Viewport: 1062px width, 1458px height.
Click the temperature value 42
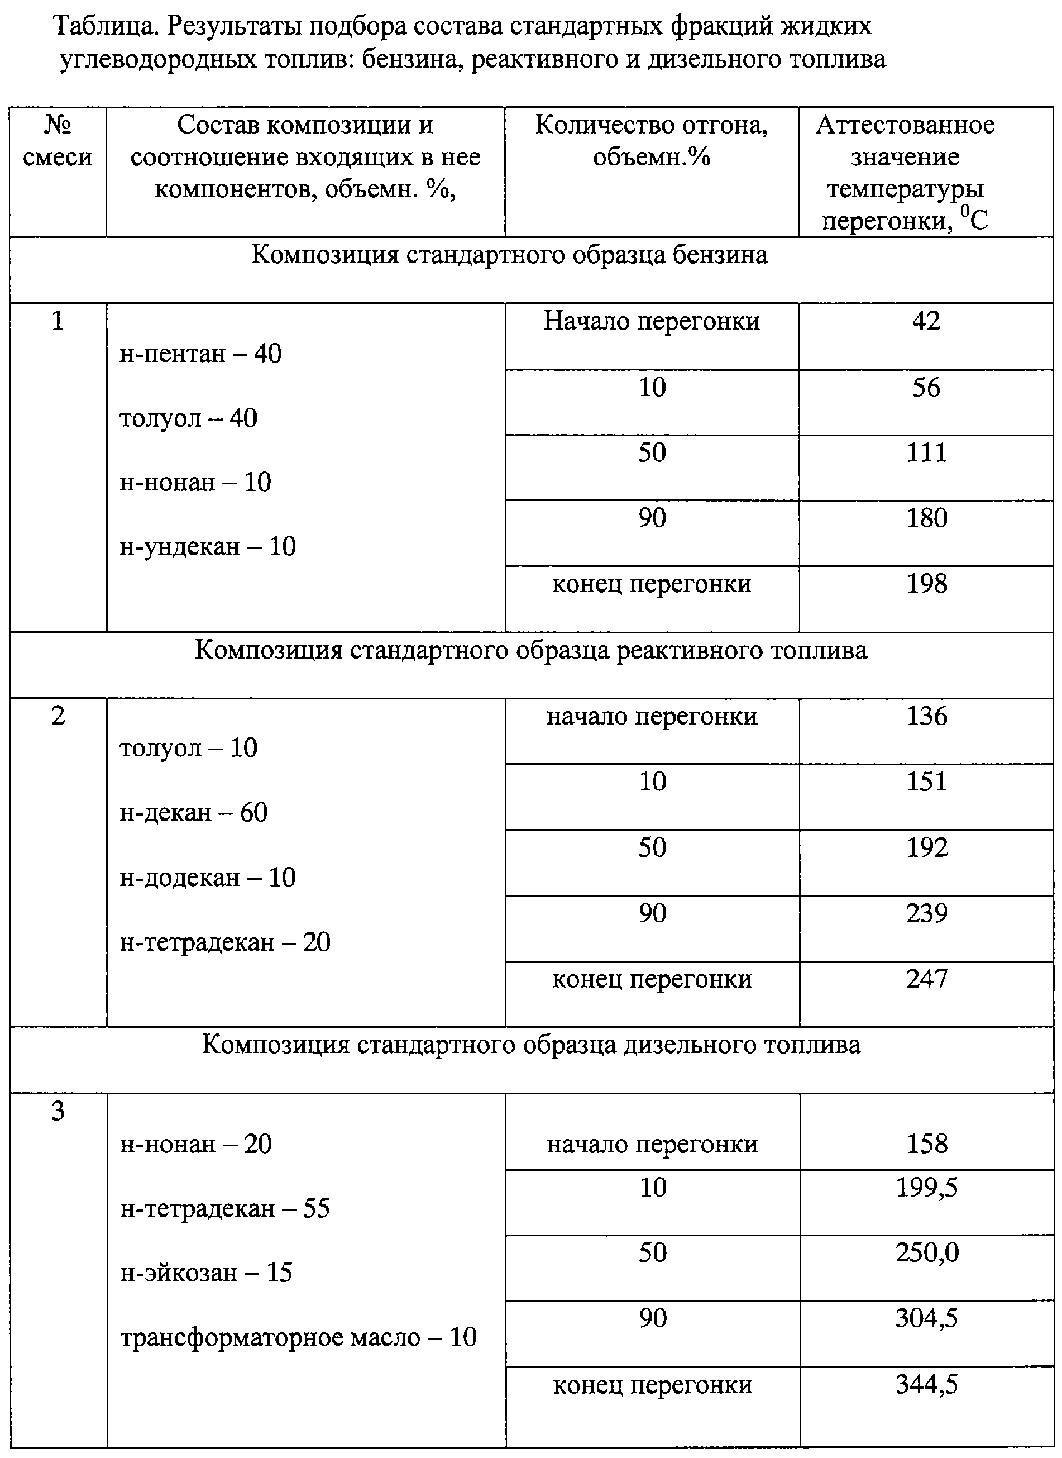926,321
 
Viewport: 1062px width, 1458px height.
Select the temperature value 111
926,453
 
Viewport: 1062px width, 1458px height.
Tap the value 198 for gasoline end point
926,584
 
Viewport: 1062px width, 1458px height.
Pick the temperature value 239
926,913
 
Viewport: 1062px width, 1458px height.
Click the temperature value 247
926,979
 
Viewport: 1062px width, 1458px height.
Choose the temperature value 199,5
926,1187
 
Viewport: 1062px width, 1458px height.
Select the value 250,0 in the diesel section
926,1253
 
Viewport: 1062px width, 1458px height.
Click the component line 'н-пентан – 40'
200,354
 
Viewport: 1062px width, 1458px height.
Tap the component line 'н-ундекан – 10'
208,547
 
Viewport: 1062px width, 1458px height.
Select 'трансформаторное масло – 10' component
298,1338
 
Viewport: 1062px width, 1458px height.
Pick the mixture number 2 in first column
58,716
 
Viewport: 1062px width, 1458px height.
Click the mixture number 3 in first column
58,1111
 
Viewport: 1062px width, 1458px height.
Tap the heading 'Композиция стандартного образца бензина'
509,255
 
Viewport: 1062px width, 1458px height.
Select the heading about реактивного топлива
531,650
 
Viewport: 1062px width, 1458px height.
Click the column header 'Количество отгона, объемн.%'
651,141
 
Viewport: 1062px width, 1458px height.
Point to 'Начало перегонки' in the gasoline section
651,321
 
